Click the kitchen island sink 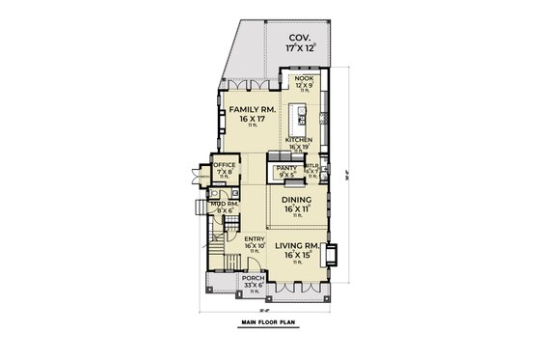pos(302,120)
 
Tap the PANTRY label pos(286,168)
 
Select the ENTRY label pos(256,238)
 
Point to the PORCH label pos(253,277)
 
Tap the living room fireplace pos(332,256)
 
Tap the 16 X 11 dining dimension pos(295,208)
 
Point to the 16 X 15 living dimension pos(297,255)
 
